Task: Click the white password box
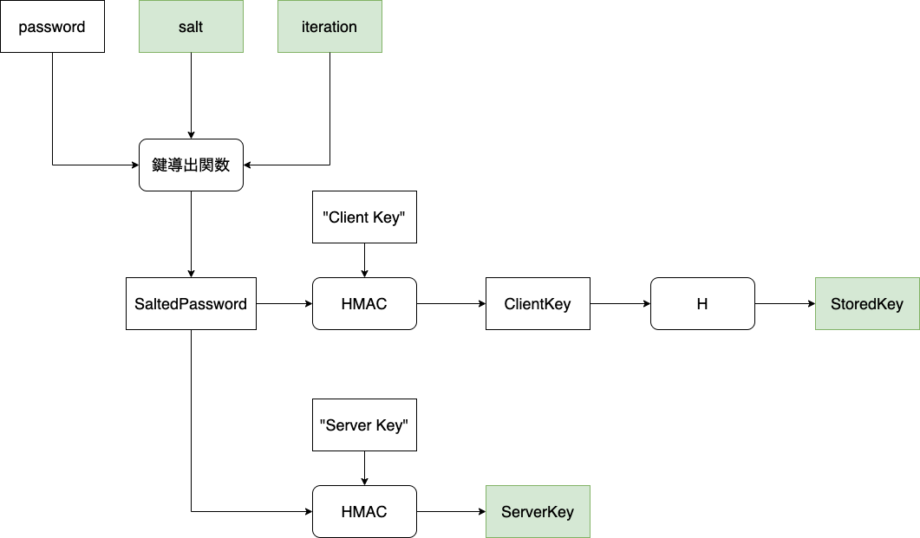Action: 52,27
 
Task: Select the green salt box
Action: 191,27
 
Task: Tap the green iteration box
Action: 330,27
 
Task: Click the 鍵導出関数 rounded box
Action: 191,165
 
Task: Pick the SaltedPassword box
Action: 191,304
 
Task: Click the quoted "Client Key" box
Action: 364,217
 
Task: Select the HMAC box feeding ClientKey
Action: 364,304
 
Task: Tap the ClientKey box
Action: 538,304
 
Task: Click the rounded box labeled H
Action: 702,304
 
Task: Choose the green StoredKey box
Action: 867,304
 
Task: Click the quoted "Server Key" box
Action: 364,425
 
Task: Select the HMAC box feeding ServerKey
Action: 364,511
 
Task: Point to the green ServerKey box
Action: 538,511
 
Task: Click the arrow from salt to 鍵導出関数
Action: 191,95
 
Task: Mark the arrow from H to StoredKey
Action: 785,304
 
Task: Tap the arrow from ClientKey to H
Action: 620,304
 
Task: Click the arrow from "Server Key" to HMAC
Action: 364,468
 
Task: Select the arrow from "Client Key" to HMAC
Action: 364,260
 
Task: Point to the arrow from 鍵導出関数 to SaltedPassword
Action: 191,234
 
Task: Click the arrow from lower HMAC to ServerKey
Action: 451,511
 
